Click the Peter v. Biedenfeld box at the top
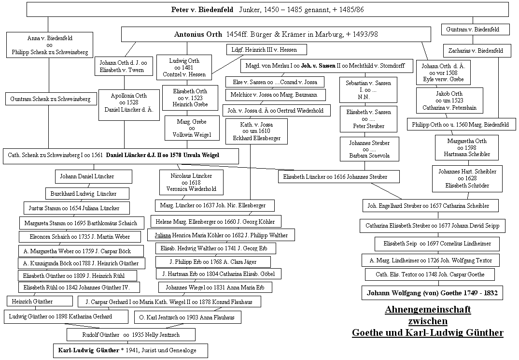267,10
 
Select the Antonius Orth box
276,34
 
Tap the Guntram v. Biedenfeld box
473,29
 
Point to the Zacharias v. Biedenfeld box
476,51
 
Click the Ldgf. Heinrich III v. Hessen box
267,50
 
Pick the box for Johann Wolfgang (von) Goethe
432,293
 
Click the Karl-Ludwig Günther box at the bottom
130,350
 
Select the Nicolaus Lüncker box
191,183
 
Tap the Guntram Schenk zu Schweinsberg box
50,99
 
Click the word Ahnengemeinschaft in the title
428,310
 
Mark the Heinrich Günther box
40,302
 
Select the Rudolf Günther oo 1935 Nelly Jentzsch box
131,334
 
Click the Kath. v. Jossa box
256,131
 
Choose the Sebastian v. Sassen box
368,90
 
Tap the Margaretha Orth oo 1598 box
467,148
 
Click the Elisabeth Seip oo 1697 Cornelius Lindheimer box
437,244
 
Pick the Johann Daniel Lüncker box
94,176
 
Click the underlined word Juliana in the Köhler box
163,235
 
